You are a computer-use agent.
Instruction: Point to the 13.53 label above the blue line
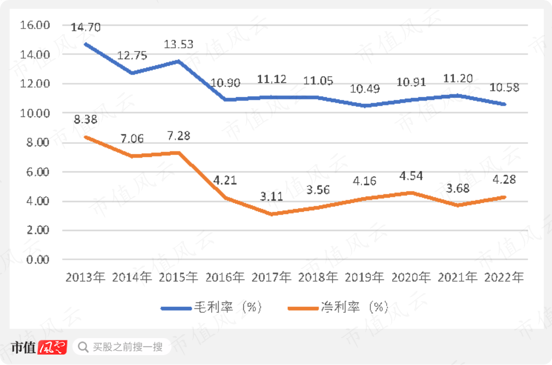179,43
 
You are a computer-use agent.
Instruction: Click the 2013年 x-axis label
85,277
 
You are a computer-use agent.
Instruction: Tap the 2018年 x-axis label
318,277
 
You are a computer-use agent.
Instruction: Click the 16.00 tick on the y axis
34,25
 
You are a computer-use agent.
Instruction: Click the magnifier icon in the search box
83,347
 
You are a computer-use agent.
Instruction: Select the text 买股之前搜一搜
127,347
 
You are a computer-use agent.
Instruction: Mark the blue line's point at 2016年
225,99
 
